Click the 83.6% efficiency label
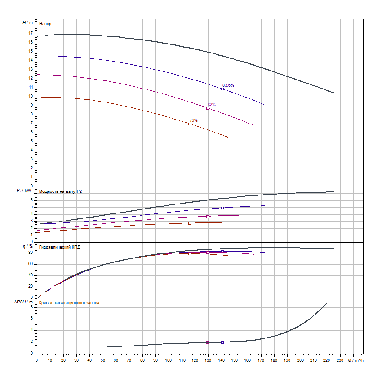pos(228,85)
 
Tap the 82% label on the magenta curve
pos(211,105)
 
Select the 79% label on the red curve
pos(193,120)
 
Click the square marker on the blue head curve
pos(222,89)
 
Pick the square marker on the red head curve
pos(190,124)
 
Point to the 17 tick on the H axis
pos(31,33)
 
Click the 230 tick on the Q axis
pos(340,360)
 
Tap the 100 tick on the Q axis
pos(169,360)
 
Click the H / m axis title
pos(28,22)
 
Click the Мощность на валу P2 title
pos(61,191)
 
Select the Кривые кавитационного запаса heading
pos(69,303)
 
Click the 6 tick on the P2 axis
pos(31,200)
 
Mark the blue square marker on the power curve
pos(222,208)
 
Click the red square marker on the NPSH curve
pos(190,343)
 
